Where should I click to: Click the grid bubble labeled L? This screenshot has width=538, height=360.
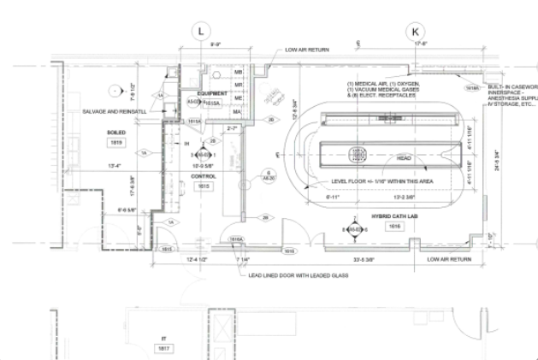[x=201, y=31]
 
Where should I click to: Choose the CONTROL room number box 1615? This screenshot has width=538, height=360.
[x=204, y=186]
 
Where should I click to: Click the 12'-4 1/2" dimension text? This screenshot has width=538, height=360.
[x=192, y=258]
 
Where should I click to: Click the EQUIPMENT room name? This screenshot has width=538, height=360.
[x=212, y=92]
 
